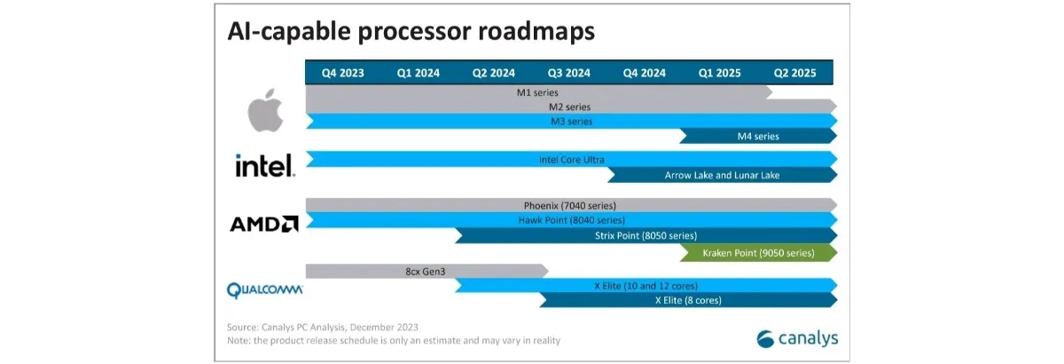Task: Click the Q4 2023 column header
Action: (342, 73)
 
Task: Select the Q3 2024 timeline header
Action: (568, 73)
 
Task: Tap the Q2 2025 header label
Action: (794, 73)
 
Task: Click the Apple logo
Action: (265, 110)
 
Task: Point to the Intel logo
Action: (265, 165)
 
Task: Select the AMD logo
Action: (264, 224)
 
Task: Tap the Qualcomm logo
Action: (264, 289)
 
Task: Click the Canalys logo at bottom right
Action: (797, 339)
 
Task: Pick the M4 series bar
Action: (758, 136)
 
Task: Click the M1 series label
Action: (537, 92)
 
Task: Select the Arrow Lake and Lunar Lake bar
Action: (722, 175)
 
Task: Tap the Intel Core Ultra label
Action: (571, 160)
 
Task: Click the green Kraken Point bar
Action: (758, 253)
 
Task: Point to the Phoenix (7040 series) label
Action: (569, 206)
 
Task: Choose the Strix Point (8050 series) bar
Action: (646, 235)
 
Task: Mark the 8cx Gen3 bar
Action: (426, 271)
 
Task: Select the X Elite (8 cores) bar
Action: (688, 300)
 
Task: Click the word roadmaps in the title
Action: (536, 31)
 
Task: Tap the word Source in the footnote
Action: (242, 328)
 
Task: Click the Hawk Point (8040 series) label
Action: (571, 220)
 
